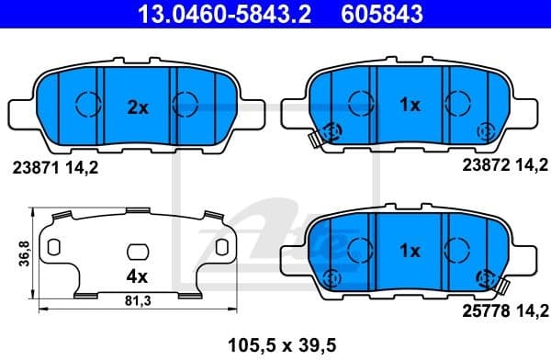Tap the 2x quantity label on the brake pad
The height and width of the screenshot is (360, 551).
pos(137,107)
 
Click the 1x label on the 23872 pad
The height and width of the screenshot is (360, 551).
pos(410,105)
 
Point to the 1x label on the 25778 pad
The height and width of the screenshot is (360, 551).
pos(410,250)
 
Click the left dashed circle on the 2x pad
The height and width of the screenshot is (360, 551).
pos(86,105)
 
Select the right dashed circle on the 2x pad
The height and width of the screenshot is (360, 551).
pos(187,105)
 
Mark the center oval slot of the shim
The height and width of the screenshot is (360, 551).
pos(137,251)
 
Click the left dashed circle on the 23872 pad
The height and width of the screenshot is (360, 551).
pos(360,105)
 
